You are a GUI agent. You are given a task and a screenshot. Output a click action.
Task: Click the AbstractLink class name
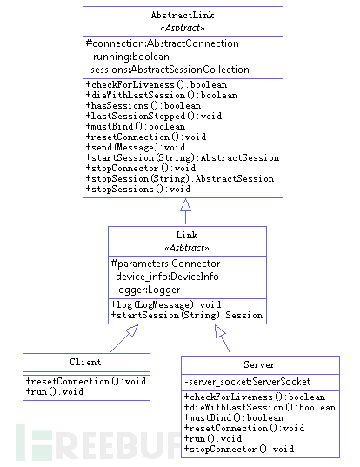[183, 15]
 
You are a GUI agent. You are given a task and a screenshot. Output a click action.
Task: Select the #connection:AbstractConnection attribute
[163, 43]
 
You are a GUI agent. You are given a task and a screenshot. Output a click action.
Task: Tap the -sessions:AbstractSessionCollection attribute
[168, 70]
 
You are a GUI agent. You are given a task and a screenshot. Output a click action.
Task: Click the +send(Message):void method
[136, 148]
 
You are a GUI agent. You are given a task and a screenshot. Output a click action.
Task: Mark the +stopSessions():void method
[138, 189]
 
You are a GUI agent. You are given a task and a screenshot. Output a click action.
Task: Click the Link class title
[187, 236]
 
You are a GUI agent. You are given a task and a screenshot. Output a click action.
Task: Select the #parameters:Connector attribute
[165, 264]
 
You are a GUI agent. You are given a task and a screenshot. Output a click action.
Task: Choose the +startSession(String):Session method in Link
[186, 315]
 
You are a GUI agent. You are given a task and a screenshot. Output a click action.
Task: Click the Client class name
[85, 362]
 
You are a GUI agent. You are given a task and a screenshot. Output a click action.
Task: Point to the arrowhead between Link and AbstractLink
[184, 204]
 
